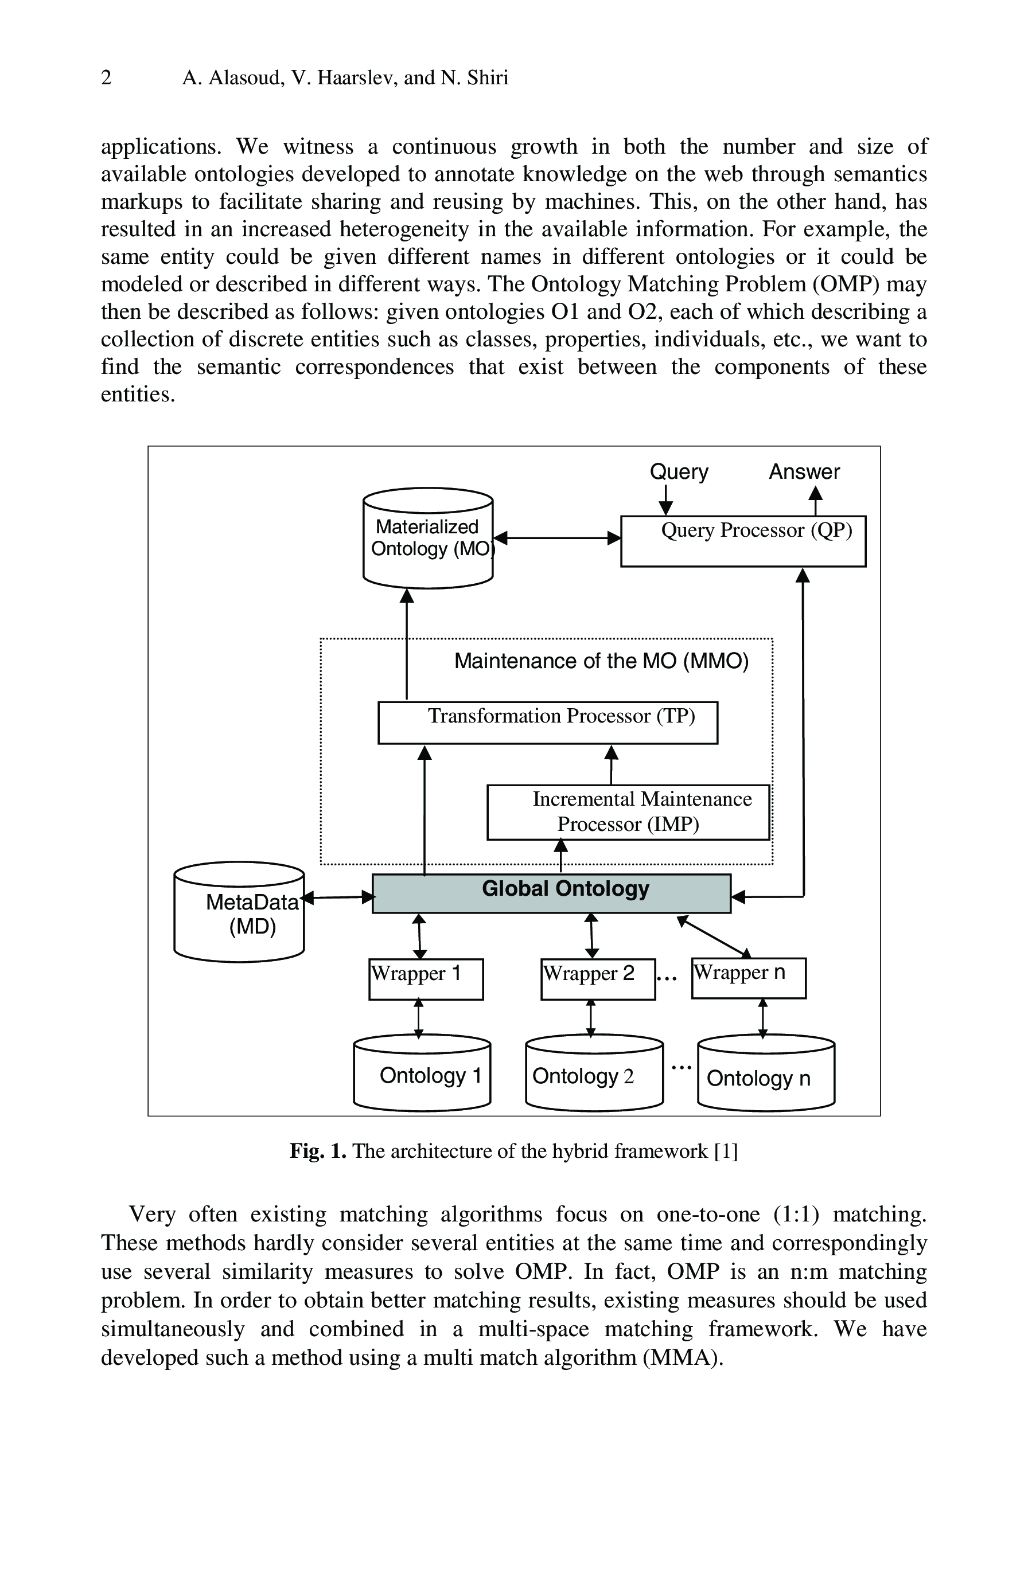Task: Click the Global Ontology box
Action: click(x=551, y=893)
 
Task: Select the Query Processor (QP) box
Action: click(x=742, y=541)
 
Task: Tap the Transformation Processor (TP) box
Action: click(x=547, y=722)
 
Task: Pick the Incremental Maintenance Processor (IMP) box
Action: click(x=628, y=811)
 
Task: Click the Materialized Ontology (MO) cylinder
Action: click(x=427, y=538)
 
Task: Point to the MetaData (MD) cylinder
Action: click(x=239, y=913)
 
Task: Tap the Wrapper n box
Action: click(x=748, y=978)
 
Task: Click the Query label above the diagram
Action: click(x=679, y=472)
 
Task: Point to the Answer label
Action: click(x=804, y=472)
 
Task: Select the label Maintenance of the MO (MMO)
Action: click(x=601, y=661)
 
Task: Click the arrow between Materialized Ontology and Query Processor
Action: click(x=557, y=538)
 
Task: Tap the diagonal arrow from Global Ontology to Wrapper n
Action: click(x=714, y=935)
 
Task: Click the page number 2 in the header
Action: click(x=106, y=78)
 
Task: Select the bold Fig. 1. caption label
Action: click(x=317, y=1151)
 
